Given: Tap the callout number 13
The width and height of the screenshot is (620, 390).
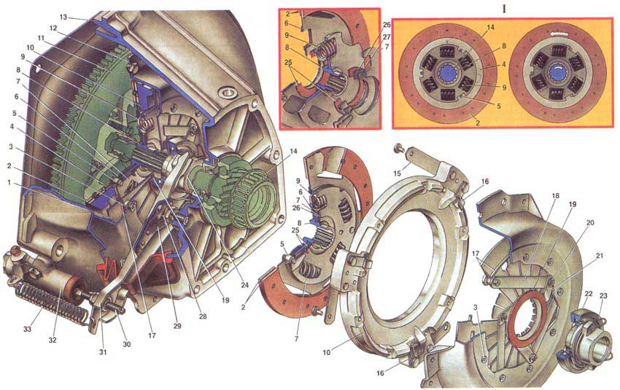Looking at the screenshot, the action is pos(63,17).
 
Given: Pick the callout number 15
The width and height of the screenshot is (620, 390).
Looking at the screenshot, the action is pos(398,173).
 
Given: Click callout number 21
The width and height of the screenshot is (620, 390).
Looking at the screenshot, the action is pos(599,256).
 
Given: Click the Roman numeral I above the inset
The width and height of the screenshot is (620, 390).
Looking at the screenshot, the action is pos(504,9).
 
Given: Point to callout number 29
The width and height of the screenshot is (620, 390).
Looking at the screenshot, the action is pos(177,326).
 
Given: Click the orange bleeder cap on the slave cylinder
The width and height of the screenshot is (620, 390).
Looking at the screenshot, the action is pos(15,251).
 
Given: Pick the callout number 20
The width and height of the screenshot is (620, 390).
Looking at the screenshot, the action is pos(590,223).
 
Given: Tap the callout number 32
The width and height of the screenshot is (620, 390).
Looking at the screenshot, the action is pos(53,340).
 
